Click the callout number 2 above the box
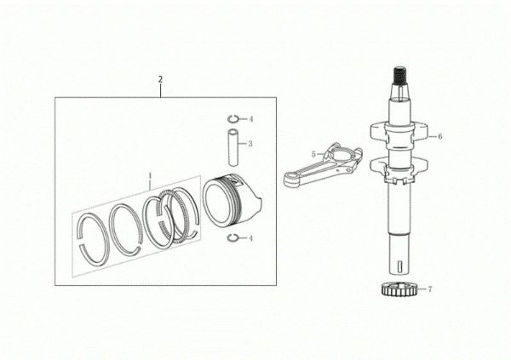pos(159,79)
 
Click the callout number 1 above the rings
pos(150,180)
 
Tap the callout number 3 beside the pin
pos(250,144)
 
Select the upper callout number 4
pos(250,117)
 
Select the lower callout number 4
pos(250,237)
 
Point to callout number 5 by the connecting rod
pos(313,154)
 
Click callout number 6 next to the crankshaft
pos(439,135)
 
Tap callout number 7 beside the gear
pos(429,289)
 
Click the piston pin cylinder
pos(231,145)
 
